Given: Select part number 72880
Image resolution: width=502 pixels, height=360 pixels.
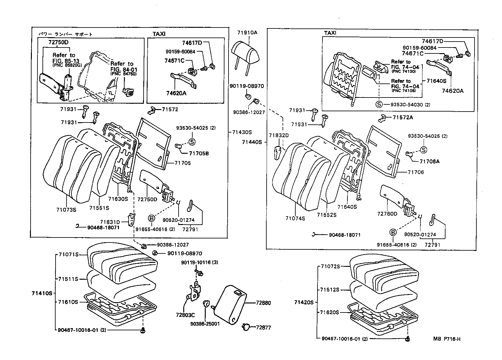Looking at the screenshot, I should [x=263, y=303].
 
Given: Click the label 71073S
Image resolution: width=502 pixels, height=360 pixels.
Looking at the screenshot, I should [x=66, y=210].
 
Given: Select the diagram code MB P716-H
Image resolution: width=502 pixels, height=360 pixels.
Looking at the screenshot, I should [x=446, y=339].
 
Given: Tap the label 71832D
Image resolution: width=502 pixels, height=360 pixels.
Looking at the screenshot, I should [x=278, y=135].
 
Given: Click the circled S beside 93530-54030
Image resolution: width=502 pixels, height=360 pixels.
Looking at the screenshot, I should [x=379, y=104].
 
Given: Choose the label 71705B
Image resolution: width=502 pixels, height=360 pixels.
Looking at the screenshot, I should [x=199, y=153].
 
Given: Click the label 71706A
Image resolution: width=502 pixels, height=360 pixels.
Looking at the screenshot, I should [x=429, y=161].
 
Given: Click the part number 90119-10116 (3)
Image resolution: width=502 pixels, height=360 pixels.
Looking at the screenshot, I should [x=199, y=263].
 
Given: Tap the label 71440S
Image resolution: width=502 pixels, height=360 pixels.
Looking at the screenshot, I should [x=252, y=142].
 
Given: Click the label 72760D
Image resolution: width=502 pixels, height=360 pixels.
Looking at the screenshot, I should [x=387, y=214].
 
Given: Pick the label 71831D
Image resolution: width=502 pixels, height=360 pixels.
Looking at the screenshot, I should [x=110, y=222].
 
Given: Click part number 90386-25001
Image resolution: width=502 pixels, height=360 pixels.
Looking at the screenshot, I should [x=204, y=324].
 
